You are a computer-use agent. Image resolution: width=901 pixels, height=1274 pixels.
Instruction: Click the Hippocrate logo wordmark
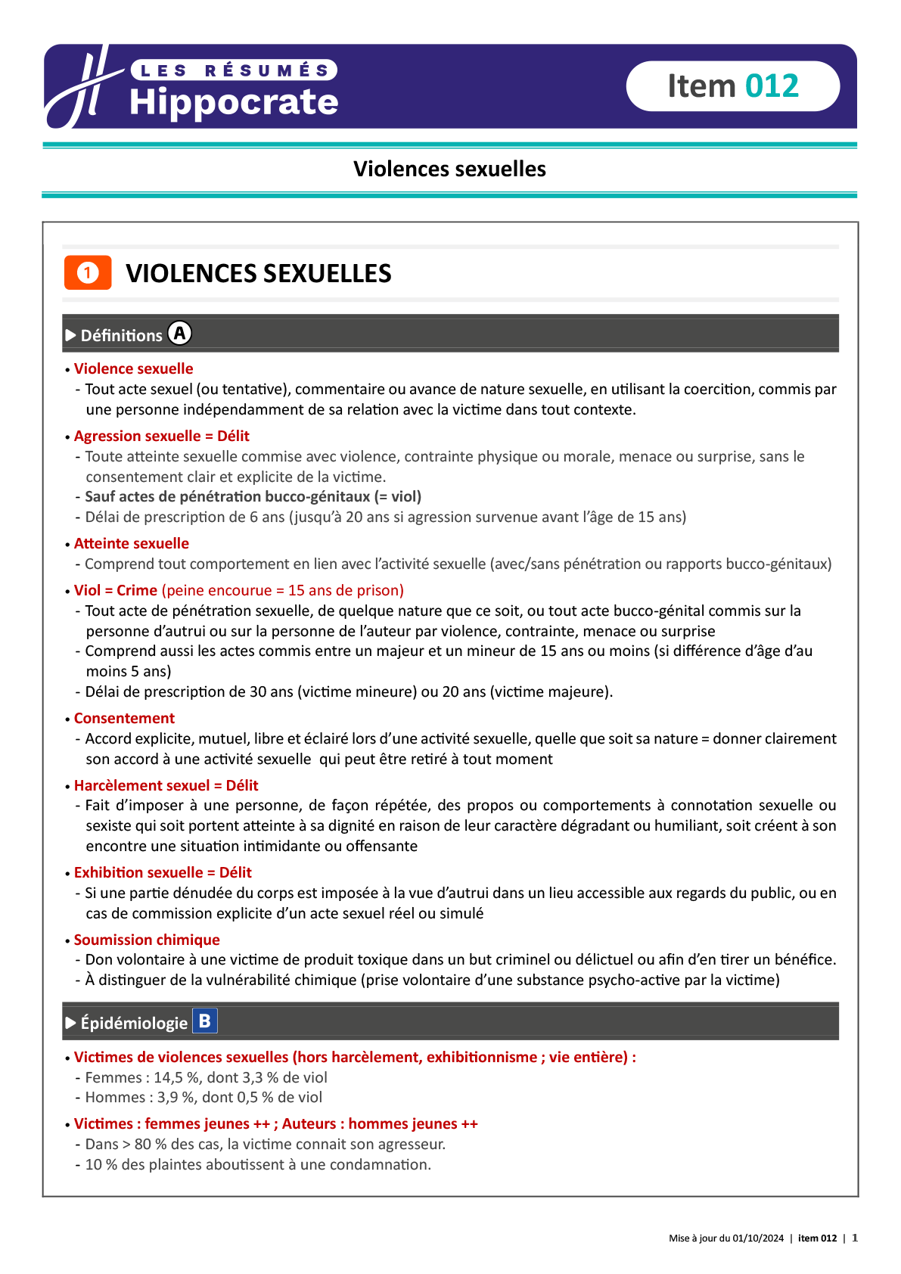coord(233,102)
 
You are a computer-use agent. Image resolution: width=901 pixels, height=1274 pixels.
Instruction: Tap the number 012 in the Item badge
coord(772,86)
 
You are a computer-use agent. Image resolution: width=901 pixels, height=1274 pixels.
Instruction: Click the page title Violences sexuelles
coord(449,169)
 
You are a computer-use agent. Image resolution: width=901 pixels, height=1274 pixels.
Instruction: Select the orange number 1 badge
coord(88,273)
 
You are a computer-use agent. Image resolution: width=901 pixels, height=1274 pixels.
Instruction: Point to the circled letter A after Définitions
coord(179,334)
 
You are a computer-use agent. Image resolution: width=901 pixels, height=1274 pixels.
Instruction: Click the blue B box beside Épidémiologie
coord(205,1021)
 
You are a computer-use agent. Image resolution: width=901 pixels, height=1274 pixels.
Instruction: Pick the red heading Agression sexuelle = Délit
coord(161,436)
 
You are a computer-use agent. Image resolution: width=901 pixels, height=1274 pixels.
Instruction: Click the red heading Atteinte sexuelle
coord(131,543)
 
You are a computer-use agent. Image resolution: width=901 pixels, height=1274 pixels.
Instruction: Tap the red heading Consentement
coord(124,718)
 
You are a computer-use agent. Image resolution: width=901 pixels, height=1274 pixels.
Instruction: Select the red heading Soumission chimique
coord(147,940)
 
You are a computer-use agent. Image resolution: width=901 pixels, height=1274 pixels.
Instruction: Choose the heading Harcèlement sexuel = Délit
coord(166,785)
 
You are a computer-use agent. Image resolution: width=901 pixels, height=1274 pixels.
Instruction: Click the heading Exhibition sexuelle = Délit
coord(163,872)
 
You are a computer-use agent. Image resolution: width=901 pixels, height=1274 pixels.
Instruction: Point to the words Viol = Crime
coord(116,590)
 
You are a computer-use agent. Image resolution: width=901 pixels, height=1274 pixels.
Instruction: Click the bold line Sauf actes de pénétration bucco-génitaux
coord(253,496)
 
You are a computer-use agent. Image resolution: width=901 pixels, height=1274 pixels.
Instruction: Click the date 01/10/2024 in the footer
coord(758,1238)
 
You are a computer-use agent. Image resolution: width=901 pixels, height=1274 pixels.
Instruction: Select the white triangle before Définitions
coord(71,335)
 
